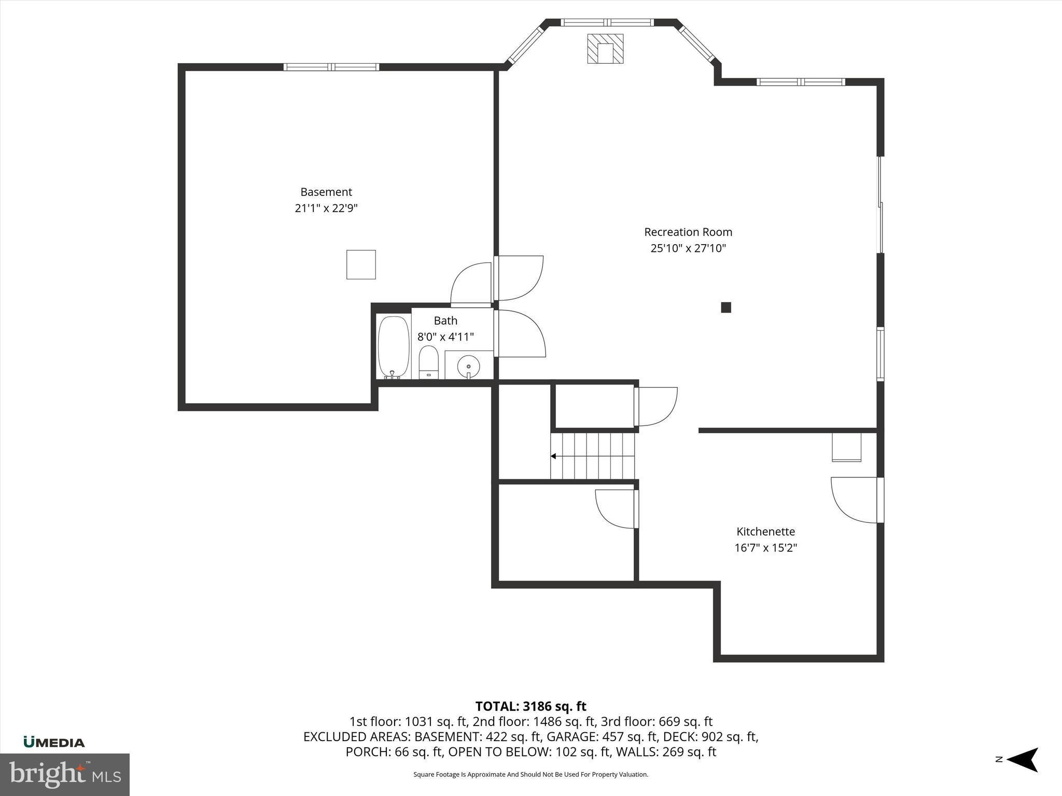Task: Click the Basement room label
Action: pyautogui.click(x=326, y=192)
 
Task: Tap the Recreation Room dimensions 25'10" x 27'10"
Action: pyautogui.click(x=688, y=248)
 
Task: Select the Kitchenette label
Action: pyautogui.click(x=765, y=531)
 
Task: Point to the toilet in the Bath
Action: pyautogui.click(x=428, y=362)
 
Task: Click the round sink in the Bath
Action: pyautogui.click(x=468, y=366)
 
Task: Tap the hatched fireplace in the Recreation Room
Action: pyautogui.click(x=605, y=49)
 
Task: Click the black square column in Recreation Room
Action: pyautogui.click(x=726, y=307)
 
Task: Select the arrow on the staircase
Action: pyautogui.click(x=554, y=456)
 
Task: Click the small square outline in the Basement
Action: pyautogui.click(x=361, y=264)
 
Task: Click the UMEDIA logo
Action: pyautogui.click(x=54, y=742)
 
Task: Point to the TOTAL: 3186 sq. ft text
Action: pyautogui.click(x=530, y=706)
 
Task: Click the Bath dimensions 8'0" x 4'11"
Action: pyautogui.click(x=445, y=337)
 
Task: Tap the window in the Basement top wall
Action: pyautogui.click(x=331, y=67)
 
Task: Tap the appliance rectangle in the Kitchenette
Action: pyautogui.click(x=846, y=447)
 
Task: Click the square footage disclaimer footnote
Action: pyautogui.click(x=530, y=774)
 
